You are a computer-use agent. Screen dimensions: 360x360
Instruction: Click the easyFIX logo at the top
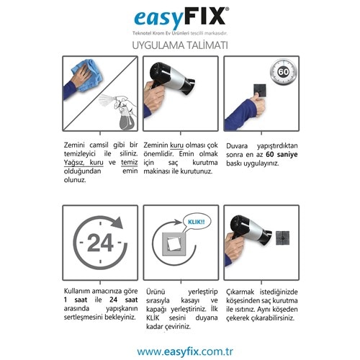pos(181,17)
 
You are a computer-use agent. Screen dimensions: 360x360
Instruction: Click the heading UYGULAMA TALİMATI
pos(180,45)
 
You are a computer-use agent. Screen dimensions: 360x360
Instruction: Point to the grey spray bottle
pos(127,117)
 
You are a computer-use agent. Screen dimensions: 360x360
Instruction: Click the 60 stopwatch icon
pos(284,72)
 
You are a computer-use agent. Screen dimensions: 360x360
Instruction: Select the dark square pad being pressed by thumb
pos(260,90)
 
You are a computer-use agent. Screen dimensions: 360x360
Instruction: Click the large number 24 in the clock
pos(100,243)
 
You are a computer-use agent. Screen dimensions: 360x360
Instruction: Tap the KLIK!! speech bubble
pos(196,222)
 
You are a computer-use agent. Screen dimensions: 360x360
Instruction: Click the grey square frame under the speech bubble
pos(174,244)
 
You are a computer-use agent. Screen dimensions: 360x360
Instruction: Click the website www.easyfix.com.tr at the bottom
pos(185,351)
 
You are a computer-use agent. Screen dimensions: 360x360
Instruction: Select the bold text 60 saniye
pos(282,154)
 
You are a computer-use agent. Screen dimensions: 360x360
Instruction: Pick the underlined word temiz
pos(130,163)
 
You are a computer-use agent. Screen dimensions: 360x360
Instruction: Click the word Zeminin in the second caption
pos(156,145)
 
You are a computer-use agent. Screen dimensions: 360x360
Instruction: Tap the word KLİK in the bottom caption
pos(153,318)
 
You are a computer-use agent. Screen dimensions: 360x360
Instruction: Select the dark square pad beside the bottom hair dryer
pos(282,238)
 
